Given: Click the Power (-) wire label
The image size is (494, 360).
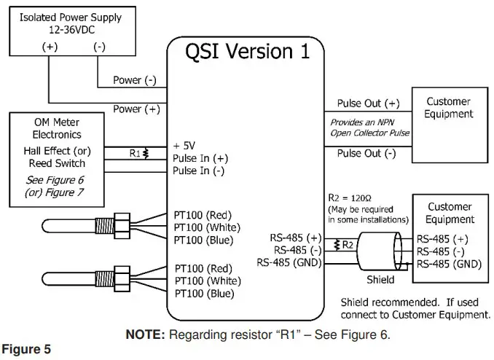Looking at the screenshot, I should pos(135,80).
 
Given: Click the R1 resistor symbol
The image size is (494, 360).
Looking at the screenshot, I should pos(146,154).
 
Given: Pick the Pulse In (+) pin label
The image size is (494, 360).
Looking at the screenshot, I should pos(200,157).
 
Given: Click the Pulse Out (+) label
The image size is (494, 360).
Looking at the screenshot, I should pos(368,103).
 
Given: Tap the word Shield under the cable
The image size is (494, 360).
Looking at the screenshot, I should pos(379,279).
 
